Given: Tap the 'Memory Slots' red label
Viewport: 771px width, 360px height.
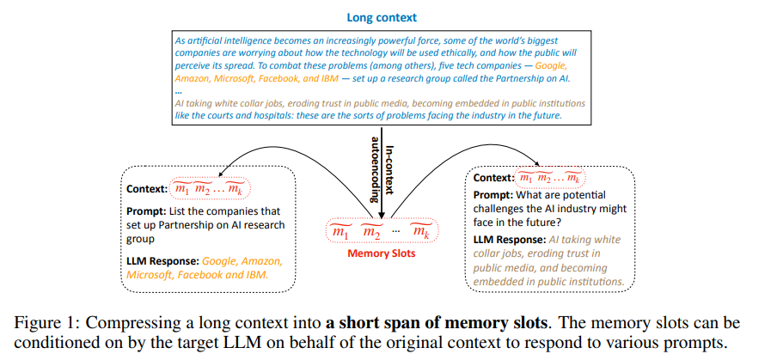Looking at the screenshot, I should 382,253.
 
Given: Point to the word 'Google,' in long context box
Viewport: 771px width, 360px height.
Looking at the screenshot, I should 550,64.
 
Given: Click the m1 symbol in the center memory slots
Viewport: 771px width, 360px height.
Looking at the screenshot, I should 340,231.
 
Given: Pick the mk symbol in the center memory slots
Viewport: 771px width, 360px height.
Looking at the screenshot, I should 420,231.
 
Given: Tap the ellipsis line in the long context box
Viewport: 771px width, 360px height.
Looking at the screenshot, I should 178,90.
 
